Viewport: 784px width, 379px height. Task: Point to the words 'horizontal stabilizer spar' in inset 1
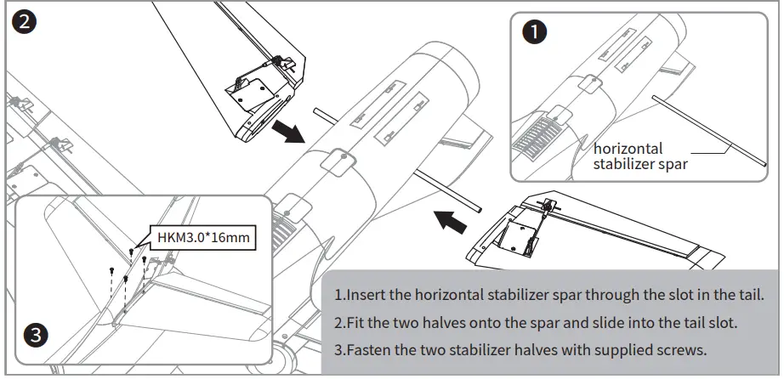point(639,156)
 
